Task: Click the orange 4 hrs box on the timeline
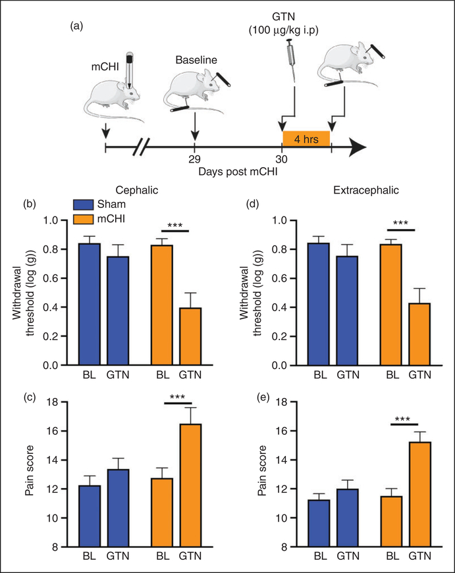point(306,139)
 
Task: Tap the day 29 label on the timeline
point(194,159)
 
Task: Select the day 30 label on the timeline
point(282,159)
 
